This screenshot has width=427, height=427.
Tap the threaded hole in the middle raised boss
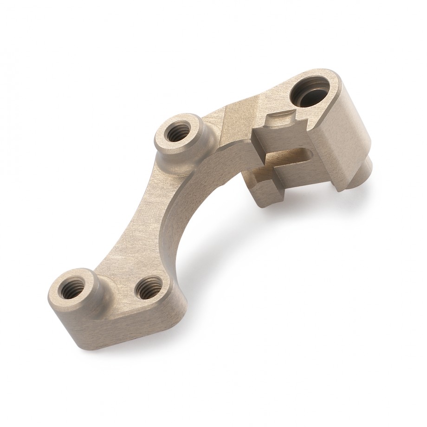tap(178, 135)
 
